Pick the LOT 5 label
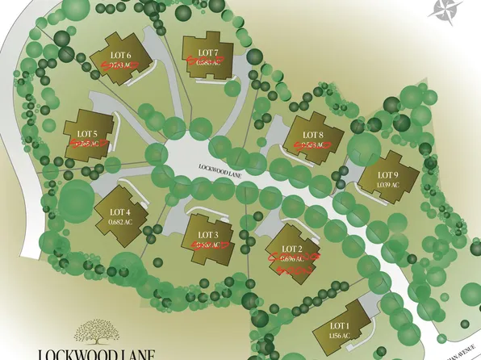click(x=87, y=133)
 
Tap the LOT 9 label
click(x=388, y=175)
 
